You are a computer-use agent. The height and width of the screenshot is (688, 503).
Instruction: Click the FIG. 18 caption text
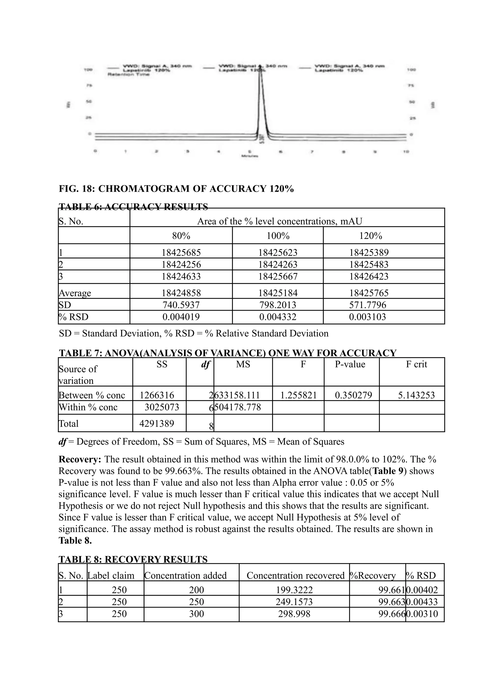pos(176,189)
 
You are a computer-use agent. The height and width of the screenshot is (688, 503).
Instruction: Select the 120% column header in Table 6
pos(371,236)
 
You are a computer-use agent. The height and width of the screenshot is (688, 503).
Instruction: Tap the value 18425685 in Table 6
pos(181,252)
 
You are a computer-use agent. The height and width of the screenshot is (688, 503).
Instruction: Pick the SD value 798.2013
pos(278,305)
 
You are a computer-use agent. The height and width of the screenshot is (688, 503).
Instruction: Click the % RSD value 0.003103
pos(367,317)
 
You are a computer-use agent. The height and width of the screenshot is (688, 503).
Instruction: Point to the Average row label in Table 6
pos(75,293)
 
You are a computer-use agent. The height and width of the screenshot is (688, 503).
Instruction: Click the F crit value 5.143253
pos(416,395)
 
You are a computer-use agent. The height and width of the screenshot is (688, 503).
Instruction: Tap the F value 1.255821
pos(298,395)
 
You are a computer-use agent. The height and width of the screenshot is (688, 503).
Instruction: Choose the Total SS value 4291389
pos(156,423)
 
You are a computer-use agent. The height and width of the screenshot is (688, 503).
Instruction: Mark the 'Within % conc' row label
pos(88,407)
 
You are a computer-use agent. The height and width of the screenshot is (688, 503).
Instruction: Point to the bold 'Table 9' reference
pos(389,471)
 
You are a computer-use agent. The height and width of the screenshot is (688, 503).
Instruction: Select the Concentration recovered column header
pos(295,575)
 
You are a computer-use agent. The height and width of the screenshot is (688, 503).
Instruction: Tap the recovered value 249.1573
pos(294,602)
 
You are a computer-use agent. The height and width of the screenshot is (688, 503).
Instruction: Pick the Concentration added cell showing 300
pos(196,614)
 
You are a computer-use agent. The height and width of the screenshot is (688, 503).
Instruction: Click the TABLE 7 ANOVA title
pos(227,353)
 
